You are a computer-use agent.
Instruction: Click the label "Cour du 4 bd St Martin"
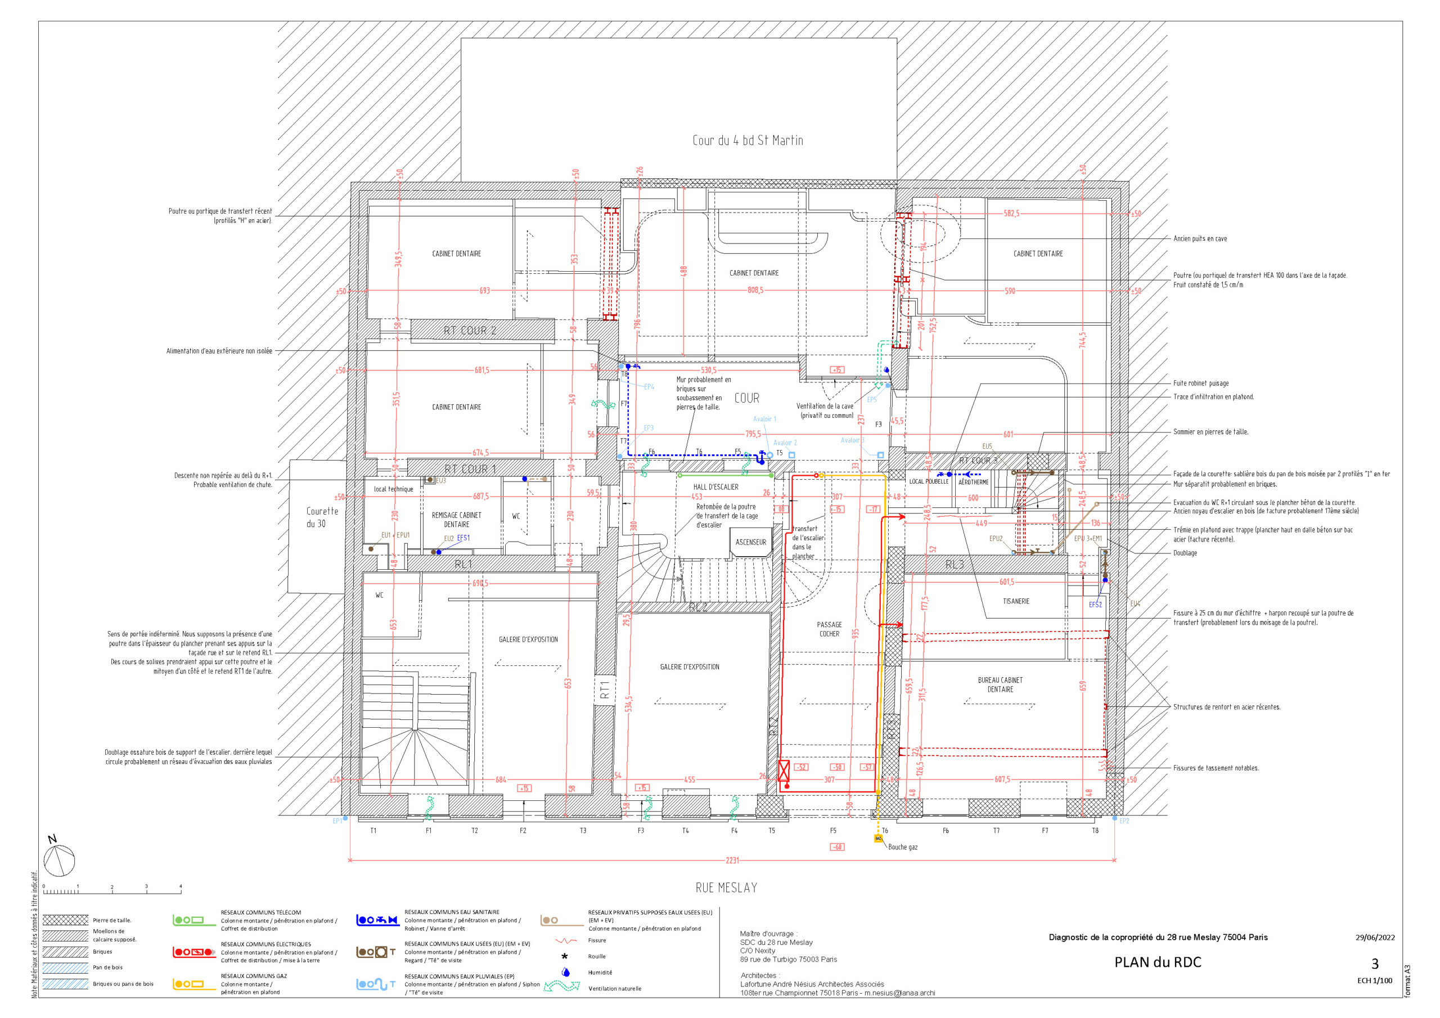coord(748,141)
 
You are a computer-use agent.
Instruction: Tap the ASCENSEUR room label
coord(751,542)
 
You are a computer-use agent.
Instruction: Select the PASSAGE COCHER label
coord(829,629)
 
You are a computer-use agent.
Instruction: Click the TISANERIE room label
coord(1016,601)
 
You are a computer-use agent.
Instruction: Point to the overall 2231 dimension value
coord(732,861)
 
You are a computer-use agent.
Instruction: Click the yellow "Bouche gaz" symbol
coord(878,838)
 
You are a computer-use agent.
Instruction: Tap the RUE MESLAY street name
coord(726,888)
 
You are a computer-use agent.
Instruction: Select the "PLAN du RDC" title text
coord(1158,962)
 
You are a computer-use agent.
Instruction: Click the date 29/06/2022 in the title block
coord(1375,937)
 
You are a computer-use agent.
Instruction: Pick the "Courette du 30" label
coord(322,517)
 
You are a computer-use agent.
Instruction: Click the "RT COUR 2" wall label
coord(470,331)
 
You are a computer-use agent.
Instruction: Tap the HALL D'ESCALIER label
coord(715,487)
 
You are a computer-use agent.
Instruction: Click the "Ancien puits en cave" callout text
coord(1200,239)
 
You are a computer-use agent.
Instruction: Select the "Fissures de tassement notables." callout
coord(1216,768)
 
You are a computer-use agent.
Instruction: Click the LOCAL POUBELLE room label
coord(929,481)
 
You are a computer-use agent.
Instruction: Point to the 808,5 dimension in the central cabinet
coord(755,290)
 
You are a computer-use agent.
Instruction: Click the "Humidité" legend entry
coord(600,972)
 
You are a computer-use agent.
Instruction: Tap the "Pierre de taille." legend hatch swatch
coord(65,920)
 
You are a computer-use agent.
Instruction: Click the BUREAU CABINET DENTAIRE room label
coord(1000,684)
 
